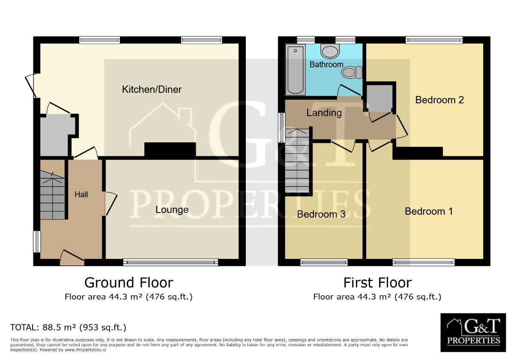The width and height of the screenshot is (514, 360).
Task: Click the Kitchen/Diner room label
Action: [152, 90]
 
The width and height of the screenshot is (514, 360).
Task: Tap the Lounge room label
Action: [172, 210]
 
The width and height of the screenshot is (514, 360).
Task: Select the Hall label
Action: [81, 195]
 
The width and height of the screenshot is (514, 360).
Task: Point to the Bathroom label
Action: [326, 64]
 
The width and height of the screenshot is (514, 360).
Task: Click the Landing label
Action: [324, 113]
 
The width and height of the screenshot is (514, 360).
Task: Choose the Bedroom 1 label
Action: [429, 211]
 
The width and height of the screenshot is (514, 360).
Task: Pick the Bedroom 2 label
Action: [439, 100]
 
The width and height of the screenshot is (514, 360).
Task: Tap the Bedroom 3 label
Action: [321, 214]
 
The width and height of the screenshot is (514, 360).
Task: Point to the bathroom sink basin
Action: [329, 52]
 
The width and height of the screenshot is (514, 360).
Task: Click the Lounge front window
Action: [170, 262]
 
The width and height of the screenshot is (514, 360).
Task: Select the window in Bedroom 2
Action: [434, 40]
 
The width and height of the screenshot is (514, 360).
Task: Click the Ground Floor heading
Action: [128, 283]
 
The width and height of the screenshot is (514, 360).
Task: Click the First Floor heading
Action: [377, 283]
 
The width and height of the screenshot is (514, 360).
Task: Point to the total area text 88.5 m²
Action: [68, 328]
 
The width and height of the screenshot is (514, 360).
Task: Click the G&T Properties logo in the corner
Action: [473, 333]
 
